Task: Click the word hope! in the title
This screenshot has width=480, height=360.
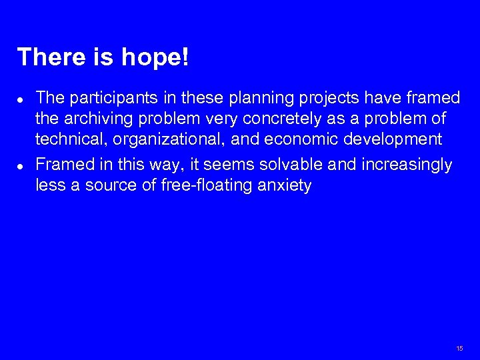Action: pyautogui.click(x=155, y=58)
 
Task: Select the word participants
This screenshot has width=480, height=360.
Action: pyautogui.click(x=109, y=99)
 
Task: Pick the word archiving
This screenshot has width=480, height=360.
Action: pyautogui.click(x=96, y=119)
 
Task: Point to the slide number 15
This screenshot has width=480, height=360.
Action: pyautogui.click(x=459, y=349)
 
